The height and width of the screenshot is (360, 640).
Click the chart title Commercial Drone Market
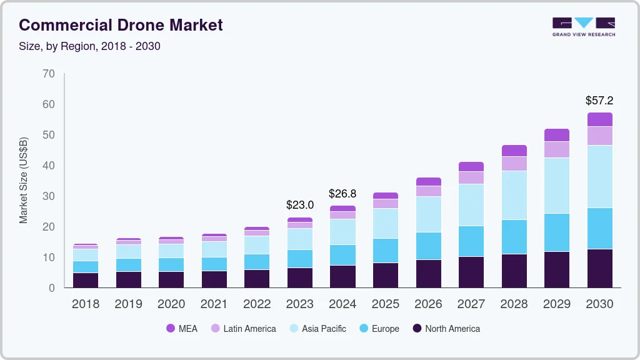pyautogui.click(x=121, y=25)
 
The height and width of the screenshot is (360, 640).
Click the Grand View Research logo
pyautogui.click(x=583, y=26)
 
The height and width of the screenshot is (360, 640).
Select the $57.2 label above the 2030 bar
pyautogui.click(x=599, y=100)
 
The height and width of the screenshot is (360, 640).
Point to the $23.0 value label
pyautogui.click(x=299, y=204)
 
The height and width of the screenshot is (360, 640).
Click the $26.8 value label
pyautogui.click(x=342, y=193)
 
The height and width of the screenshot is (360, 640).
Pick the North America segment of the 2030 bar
pyautogui.click(x=599, y=268)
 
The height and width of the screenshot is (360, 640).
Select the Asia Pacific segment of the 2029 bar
pyautogui.click(x=556, y=186)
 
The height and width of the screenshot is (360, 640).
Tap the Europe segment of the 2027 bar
pyautogui.click(x=471, y=241)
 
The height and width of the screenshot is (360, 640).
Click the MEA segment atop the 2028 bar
pyautogui.click(x=514, y=151)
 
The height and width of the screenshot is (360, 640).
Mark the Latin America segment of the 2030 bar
pyautogui.click(x=599, y=136)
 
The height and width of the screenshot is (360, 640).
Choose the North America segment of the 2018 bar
pyautogui.click(x=85, y=280)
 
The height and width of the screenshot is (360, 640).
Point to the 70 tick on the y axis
pyautogui.click(x=49, y=74)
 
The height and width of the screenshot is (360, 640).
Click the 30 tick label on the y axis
pyautogui.click(x=49, y=196)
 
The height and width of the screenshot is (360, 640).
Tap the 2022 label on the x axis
pyautogui.click(x=257, y=304)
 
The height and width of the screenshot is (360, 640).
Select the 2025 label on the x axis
pyautogui.click(x=386, y=304)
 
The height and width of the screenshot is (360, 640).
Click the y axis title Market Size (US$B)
pyautogui.click(x=24, y=180)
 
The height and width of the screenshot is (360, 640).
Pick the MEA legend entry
pyautogui.click(x=182, y=328)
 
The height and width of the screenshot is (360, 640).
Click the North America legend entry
pyautogui.click(x=446, y=328)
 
